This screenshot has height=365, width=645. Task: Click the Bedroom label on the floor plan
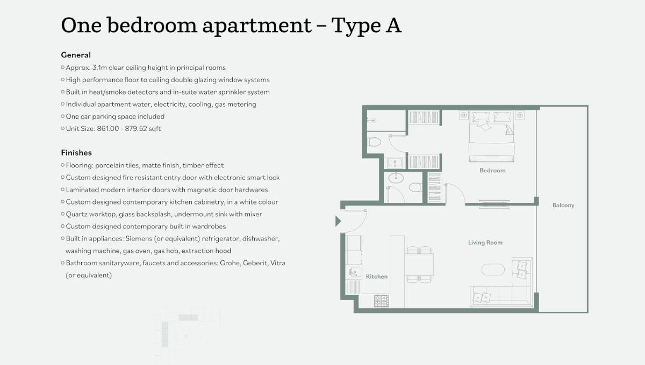[x=492, y=171]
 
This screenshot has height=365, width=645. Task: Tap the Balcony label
[x=563, y=205]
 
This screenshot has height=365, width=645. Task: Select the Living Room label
[x=485, y=243]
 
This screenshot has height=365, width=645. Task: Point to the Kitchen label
[x=376, y=276]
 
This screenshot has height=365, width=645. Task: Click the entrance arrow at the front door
[x=338, y=221]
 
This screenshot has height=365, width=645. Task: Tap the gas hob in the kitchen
[x=381, y=301]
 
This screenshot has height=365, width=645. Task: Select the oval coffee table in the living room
[x=493, y=269]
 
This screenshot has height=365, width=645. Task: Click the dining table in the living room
[x=419, y=265]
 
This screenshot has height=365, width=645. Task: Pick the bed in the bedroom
[x=491, y=137]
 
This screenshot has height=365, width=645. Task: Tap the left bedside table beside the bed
[x=463, y=115]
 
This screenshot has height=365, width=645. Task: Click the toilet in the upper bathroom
[x=375, y=142]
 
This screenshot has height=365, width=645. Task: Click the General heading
[x=76, y=55]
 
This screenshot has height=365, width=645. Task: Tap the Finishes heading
[x=76, y=153]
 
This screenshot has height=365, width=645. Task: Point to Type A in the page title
[x=367, y=25]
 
